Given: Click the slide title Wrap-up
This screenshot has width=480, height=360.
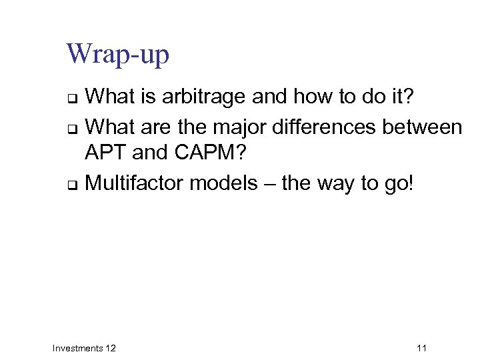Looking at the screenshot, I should (x=118, y=55).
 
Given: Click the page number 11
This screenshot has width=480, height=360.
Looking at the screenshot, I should (x=421, y=348).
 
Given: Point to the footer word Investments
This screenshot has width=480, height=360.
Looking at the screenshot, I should (x=77, y=348).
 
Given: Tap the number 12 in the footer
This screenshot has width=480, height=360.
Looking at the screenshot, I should (x=110, y=348).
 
